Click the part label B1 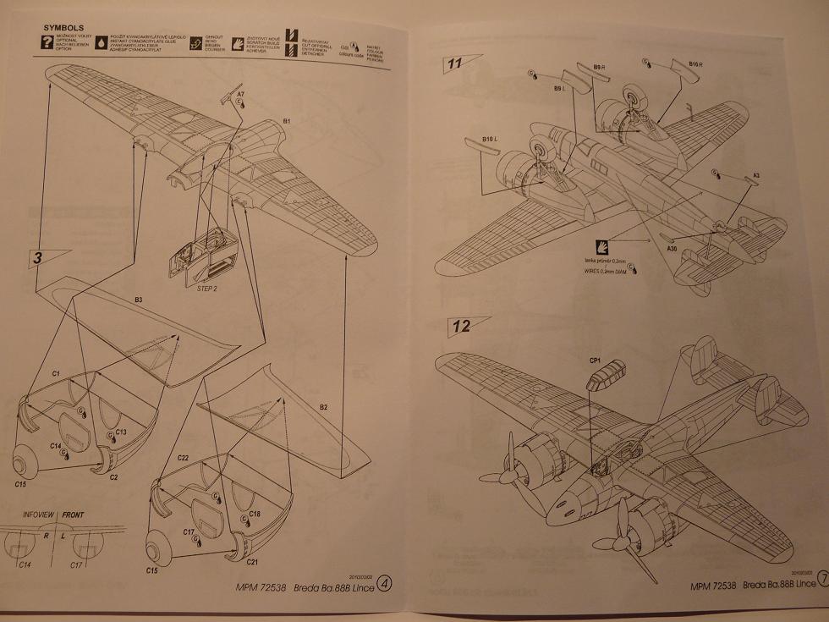[x=287, y=122]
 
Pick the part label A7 [x=241, y=94]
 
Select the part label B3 [x=137, y=300]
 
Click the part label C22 [x=183, y=458]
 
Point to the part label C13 [x=121, y=432]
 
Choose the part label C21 [x=255, y=562]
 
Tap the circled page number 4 [x=386, y=583]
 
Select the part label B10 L [x=489, y=138]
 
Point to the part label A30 [x=672, y=249]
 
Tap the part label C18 [x=255, y=514]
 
